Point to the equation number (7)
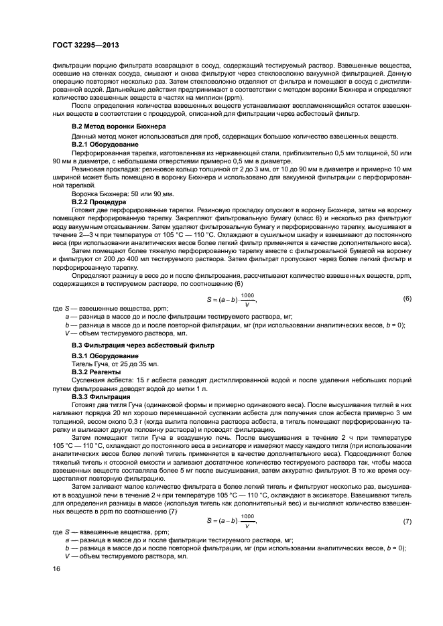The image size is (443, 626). (406, 520)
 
